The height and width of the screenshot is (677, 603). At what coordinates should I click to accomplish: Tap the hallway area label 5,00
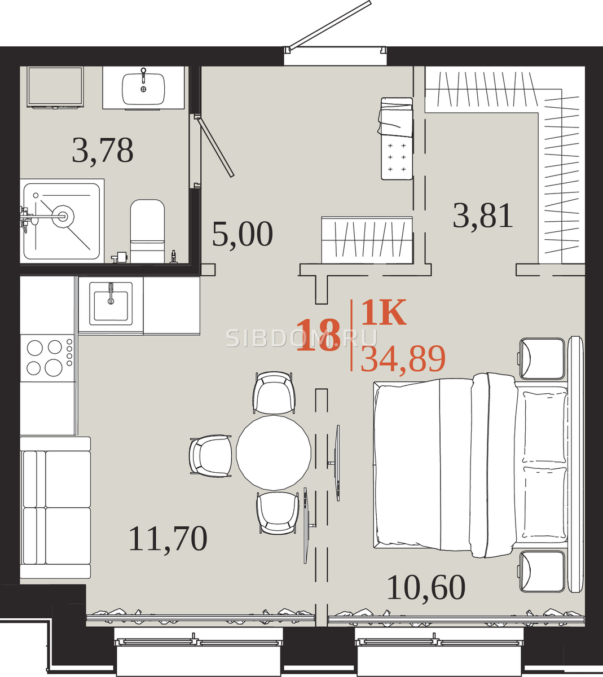[x=243, y=235]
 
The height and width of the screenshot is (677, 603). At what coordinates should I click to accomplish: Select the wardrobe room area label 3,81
[x=483, y=216]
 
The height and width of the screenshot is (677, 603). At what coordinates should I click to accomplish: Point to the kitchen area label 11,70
[x=168, y=539]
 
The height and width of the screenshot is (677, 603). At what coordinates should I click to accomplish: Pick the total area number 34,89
[x=403, y=359]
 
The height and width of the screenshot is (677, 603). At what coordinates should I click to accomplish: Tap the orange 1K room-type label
[x=384, y=312]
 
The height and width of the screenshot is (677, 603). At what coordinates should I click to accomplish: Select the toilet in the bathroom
[x=147, y=231]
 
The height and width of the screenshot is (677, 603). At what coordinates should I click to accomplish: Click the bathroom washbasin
[x=143, y=89]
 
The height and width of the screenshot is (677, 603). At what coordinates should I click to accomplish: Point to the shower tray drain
[x=63, y=217]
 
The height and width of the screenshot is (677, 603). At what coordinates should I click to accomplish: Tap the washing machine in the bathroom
[x=55, y=87]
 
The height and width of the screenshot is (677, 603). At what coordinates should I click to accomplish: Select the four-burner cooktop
[x=47, y=358]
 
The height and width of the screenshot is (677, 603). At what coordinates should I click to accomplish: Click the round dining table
[x=274, y=453]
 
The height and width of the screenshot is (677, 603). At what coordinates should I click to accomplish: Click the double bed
[x=471, y=466]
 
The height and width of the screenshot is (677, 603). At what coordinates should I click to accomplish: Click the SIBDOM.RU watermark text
[x=302, y=338]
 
